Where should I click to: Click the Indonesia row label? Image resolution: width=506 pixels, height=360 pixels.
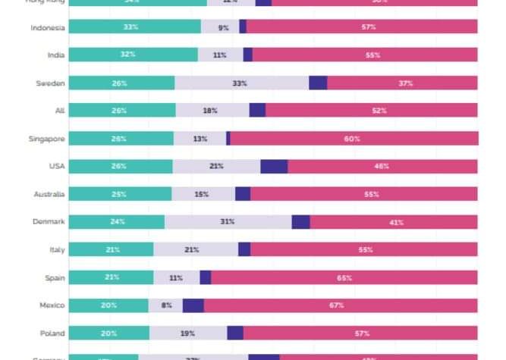47,27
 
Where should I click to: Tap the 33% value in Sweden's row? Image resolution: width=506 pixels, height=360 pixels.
240,83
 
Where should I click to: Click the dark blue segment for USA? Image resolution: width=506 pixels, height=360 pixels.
274,166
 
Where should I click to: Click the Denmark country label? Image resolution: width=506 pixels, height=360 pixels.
48,222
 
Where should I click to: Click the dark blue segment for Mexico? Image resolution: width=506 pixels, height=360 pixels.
193,305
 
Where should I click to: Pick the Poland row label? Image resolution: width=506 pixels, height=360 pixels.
52,333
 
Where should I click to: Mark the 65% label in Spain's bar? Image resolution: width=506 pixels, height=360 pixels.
344,278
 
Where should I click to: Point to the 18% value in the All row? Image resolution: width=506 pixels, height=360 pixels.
210,111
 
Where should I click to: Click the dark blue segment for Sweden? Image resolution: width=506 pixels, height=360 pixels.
318,83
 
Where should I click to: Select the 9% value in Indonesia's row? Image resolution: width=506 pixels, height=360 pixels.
224,27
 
